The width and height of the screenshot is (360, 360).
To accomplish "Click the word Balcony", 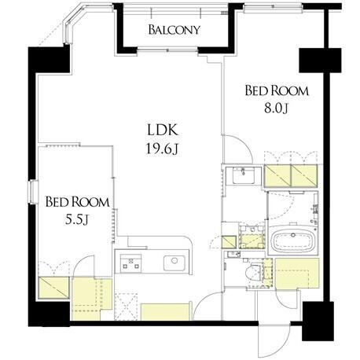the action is pos(174,30).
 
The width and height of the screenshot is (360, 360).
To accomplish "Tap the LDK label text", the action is pos(163,130).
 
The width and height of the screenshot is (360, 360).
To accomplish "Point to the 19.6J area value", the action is pos(163,149).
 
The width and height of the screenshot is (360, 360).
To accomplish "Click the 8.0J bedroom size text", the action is pos(276,108).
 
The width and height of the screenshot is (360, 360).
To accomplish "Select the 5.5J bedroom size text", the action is pos(76,219).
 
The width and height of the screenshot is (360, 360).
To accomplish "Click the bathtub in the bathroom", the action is pos(293,241).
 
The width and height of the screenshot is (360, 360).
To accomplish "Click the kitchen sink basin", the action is pos(174,263).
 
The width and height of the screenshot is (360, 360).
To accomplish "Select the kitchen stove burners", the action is pos(130,263).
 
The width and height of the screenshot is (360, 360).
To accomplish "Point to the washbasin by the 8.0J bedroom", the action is pos(243,175).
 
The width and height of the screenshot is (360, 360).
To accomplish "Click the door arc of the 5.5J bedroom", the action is pos(83,266).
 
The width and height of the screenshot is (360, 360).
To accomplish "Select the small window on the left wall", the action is pos(33,192).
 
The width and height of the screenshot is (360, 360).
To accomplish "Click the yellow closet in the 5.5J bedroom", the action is pos(53,288).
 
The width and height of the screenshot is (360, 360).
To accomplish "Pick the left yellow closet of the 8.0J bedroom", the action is pos(277,176).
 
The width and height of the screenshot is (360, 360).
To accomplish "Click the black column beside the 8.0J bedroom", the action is pos(320,61).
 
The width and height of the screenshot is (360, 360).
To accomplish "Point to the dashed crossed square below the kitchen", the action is pos(126,307).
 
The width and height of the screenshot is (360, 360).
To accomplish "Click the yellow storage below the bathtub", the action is pos(297,274).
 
